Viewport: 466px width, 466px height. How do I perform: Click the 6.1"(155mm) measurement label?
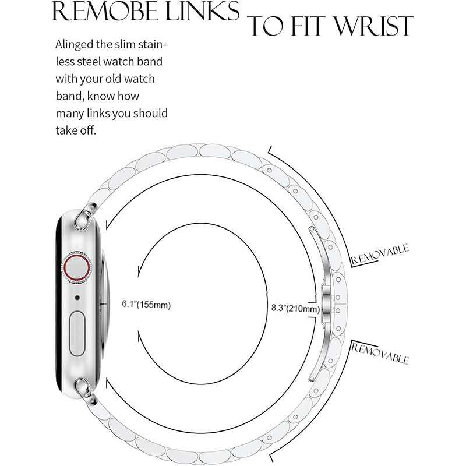pyautogui.click(x=146, y=304)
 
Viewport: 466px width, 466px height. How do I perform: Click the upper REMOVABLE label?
pyautogui.click(x=380, y=255)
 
